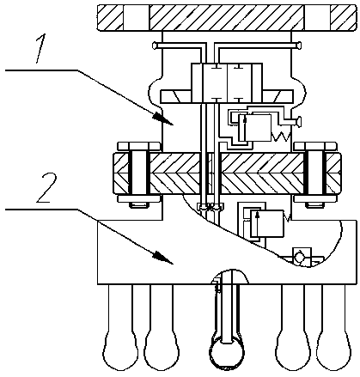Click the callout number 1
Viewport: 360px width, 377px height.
(x=41, y=48)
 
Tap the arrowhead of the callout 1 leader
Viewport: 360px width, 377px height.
(x=163, y=119)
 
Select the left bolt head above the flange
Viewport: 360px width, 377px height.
(x=139, y=146)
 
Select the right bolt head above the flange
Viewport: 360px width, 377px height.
(x=315, y=146)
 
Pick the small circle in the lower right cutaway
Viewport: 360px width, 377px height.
(x=300, y=257)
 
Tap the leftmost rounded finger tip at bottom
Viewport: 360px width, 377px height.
(x=120, y=350)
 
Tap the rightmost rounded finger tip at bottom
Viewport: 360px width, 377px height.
(x=333, y=350)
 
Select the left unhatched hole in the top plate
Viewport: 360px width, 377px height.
(x=137, y=17)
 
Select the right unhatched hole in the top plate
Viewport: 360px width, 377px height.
(x=317, y=17)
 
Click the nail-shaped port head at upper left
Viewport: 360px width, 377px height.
(x=154, y=45)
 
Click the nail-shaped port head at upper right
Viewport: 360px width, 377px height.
(x=299, y=45)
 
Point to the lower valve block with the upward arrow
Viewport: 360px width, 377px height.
(x=267, y=223)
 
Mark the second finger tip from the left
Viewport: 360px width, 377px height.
(x=162, y=350)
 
